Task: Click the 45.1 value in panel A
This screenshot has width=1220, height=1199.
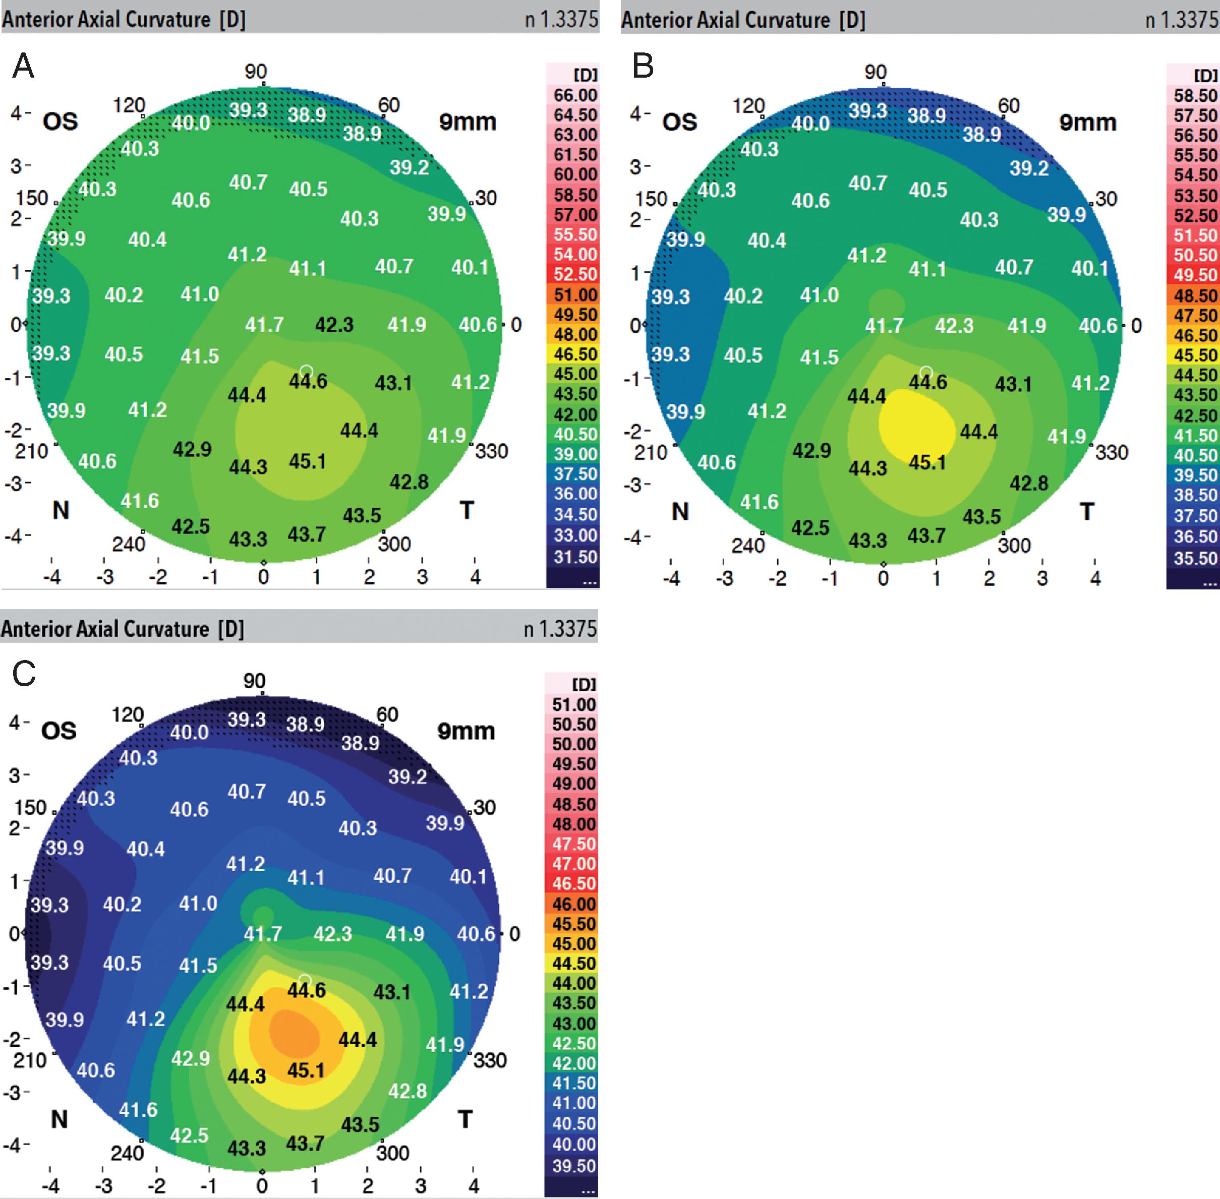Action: point(307,461)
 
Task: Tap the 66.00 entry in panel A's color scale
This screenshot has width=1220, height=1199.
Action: point(575,95)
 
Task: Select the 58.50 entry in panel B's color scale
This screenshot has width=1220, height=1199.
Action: point(1195,96)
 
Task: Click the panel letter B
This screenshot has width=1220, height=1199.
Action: point(643,66)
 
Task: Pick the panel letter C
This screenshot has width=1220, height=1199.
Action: point(24,675)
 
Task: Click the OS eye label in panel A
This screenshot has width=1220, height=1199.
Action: point(61,121)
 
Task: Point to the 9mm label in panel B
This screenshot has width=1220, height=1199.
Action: point(1088,122)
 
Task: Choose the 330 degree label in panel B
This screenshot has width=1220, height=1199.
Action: point(1111,452)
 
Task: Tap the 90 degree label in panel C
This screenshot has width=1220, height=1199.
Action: point(255,681)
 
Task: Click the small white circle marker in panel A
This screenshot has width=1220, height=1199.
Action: point(307,371)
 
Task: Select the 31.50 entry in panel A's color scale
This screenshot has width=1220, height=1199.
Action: point(575,557)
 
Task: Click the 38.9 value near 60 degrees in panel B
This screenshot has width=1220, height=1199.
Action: point(981,134)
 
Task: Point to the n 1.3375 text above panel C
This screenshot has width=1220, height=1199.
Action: point(560,628)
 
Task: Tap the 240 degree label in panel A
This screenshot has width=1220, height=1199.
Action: point(129,544)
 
